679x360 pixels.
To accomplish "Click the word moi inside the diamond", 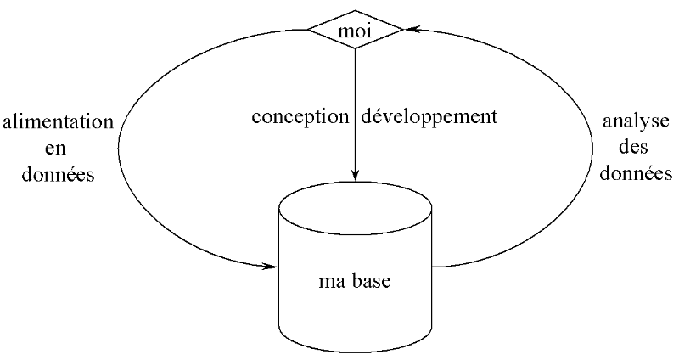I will coord(355,32).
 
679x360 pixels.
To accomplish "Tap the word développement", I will coord(428,116).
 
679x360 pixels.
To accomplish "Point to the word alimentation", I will coord(57,123).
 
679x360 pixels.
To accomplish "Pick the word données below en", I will coord(57,176).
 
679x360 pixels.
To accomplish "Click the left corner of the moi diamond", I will coord(309,32).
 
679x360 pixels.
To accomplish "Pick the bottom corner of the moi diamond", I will coord(355,48).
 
